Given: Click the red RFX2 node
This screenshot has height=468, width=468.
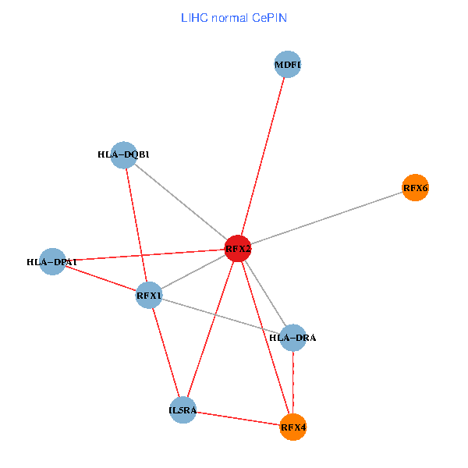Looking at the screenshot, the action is tap(238, 249).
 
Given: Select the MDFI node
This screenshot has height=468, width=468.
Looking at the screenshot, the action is tap(288, 64).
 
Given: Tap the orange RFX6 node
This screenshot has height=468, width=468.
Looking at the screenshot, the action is tap(415, 187).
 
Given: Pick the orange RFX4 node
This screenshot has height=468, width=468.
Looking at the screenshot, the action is tap(293, 427).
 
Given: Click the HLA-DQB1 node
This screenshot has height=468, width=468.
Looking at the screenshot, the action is tap(124, 154).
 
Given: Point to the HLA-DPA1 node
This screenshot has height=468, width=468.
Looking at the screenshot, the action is tap(52, 262).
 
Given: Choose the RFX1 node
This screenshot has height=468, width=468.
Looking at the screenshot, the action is tap(149, 295).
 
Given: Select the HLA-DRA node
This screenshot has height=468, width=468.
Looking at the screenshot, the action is tap(292, 337).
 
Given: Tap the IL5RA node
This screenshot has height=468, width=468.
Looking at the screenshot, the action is tap(183, 409).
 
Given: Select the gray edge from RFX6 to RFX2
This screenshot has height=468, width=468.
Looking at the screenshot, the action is tap(328, 218).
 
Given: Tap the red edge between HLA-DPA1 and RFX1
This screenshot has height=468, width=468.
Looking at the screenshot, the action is tap(101, 278).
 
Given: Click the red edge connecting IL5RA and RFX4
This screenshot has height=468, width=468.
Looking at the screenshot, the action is tap(238, 418).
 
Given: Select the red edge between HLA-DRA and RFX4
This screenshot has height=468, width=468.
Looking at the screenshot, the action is tap(292, 382).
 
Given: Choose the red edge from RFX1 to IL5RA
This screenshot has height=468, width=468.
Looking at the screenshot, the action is tap(165, 352).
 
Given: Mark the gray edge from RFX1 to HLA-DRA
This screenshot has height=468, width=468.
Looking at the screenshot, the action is tap(221, 316).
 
